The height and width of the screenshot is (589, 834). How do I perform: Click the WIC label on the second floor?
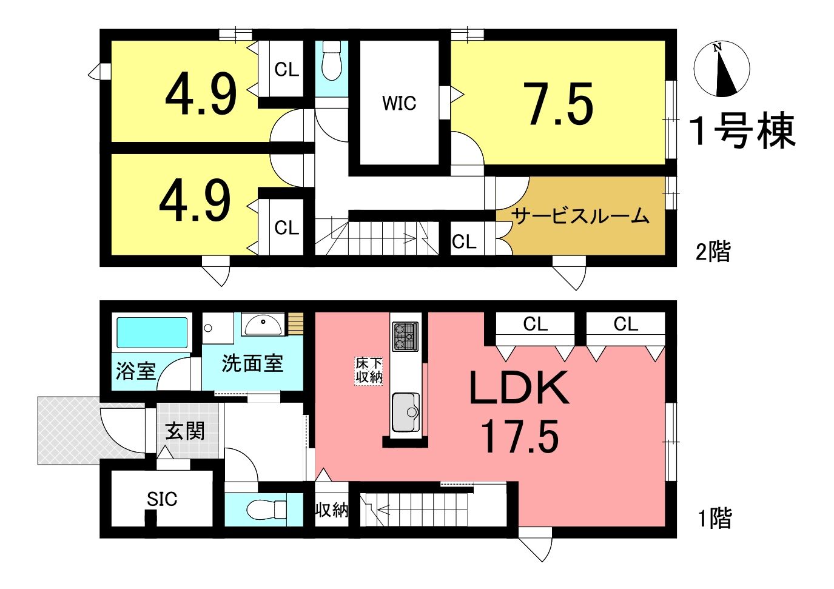(x=399, y=103)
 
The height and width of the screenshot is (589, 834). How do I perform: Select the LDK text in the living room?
(x=519, y=388)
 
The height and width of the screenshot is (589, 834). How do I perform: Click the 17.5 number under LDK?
(x=520, y=436)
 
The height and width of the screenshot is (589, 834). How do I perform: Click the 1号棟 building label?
(x=743, y=130)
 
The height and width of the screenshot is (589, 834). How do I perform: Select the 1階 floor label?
(x=715, y=517)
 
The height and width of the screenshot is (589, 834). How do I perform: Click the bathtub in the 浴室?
(x=152, y=332)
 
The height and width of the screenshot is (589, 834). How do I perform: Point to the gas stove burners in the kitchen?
(x=405, y=337)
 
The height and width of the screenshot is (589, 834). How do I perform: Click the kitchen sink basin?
(x=405, y=412)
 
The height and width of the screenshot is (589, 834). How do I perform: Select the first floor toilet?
(x=267, y=508)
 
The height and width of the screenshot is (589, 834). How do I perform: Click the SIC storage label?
(x=162, y=499)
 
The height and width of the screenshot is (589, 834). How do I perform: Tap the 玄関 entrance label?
(x=185, y=431)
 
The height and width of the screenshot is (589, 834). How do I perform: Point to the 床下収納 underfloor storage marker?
(x=369, y=371)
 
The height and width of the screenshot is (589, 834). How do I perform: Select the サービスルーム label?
(x=580, y=215)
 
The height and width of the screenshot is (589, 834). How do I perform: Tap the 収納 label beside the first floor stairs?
(x=332, y=510)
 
